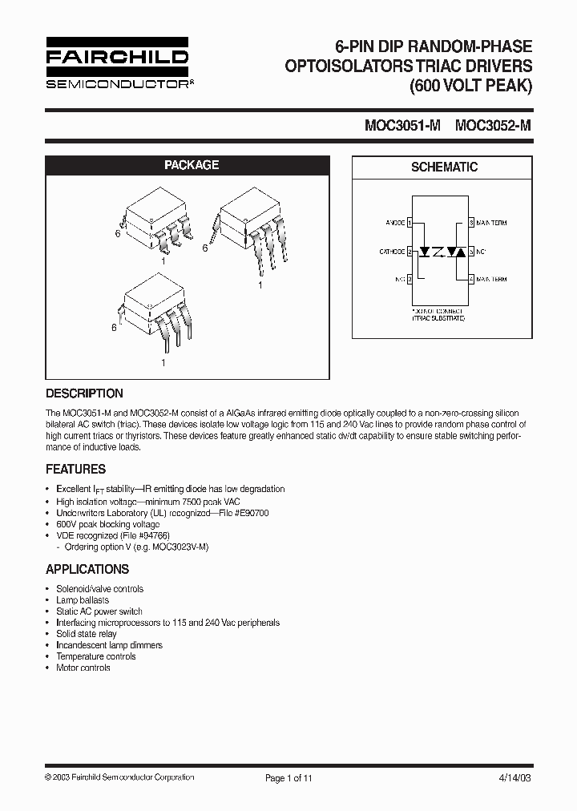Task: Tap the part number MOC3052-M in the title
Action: coord(492,126)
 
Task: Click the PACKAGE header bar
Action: coord(192,165)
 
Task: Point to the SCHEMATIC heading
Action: coord(443,167)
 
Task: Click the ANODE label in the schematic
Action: coord(394,223)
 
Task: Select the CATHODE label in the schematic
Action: coord(392,252)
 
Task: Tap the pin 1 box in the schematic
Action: coord(410,223)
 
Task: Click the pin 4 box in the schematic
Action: coord(472,280)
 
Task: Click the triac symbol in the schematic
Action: coord(456,252)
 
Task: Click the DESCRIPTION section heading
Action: coord(84,393)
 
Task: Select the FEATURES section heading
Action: coord(76,469)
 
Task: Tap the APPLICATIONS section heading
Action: coord(87,569)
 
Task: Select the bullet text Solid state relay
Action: coord(87,634)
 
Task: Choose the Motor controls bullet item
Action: coord(83,668)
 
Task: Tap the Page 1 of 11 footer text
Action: coord(289,777)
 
